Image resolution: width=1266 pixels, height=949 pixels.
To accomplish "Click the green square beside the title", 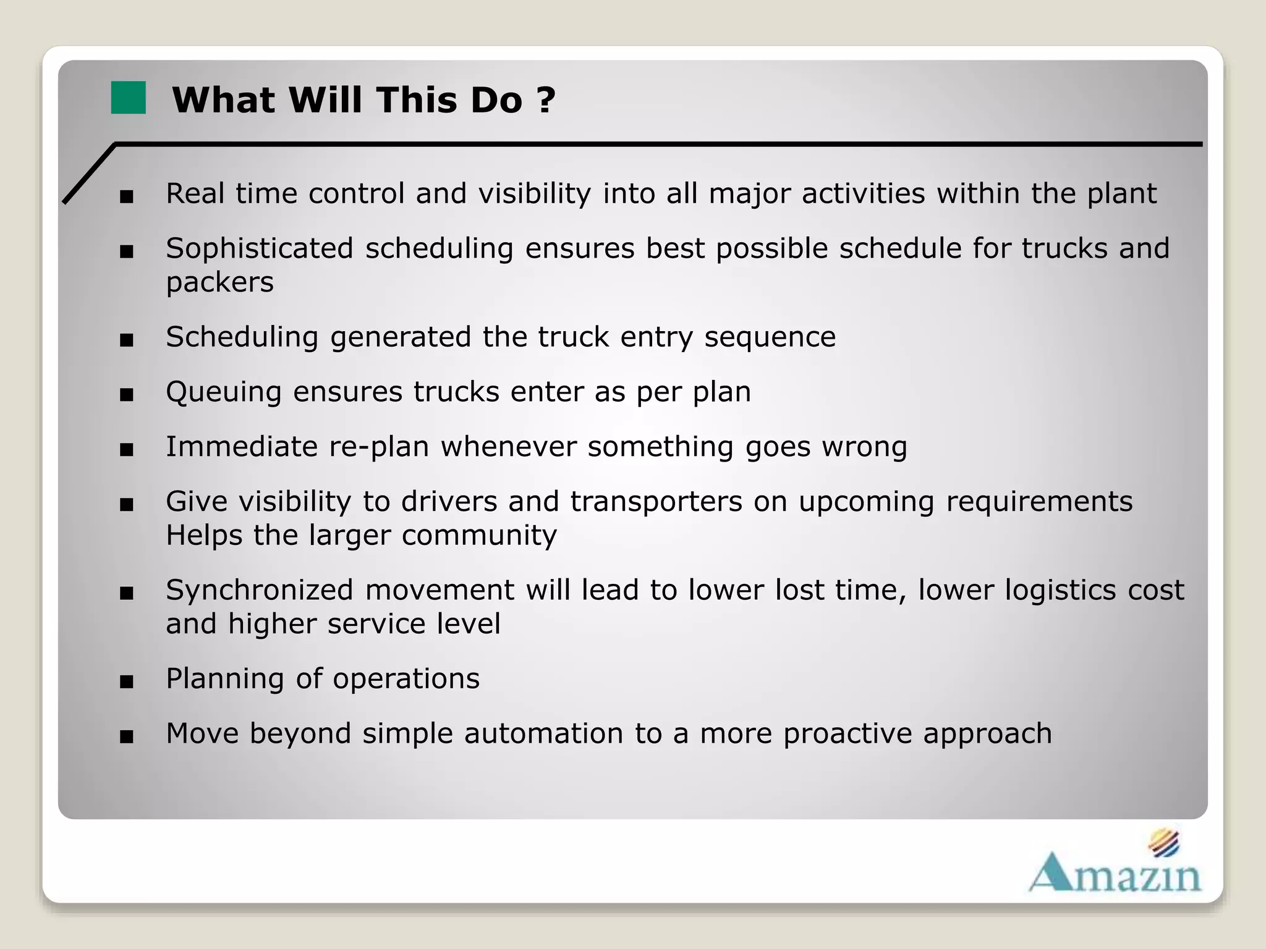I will coord(128,98).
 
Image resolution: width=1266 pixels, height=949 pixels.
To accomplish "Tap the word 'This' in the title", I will coord(418,100).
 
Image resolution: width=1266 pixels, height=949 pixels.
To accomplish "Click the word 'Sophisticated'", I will coord(259,248).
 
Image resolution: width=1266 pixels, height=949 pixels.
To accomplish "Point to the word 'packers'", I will coord(219,283).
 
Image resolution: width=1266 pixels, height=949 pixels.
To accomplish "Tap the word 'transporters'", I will coord(656,502).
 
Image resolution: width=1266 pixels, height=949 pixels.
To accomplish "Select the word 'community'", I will coord(479,535).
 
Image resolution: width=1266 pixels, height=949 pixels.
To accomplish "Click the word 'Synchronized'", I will coord(259,590).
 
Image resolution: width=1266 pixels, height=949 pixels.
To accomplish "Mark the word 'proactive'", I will coord(847,734).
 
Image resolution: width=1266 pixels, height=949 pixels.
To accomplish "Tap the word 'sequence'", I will coord(770,337).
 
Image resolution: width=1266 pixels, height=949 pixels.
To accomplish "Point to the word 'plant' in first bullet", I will coord(1121,194).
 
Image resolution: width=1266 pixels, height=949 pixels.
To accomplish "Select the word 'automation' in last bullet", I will coord(543,734).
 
